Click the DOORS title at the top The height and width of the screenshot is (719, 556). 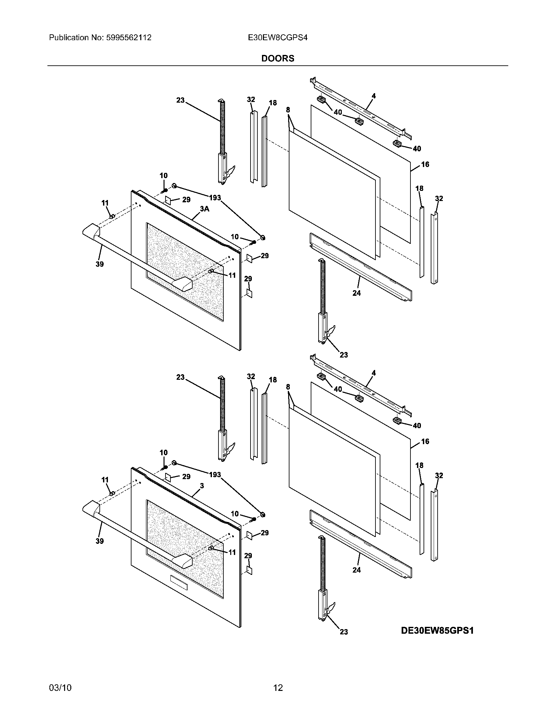pos(278,59)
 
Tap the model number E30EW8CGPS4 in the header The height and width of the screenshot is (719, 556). pos(278,38)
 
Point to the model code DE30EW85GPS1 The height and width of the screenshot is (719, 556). pos(437,630)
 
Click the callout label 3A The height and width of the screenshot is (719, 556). pos(204,209)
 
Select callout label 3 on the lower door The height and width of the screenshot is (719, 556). pos(202,486)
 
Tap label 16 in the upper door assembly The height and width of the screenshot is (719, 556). pos(425,164)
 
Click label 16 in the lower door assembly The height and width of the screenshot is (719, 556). pos(425,441)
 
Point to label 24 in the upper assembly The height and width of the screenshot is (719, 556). pos(357,293)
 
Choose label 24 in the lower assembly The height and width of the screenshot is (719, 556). pos(357,570)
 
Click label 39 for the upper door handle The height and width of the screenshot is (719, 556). pos(99,264)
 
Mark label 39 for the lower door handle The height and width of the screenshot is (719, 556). pos(99,541)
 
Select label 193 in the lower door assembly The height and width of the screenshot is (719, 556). pos(215,475)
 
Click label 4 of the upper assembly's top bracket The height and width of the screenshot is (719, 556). pos(374,96)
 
